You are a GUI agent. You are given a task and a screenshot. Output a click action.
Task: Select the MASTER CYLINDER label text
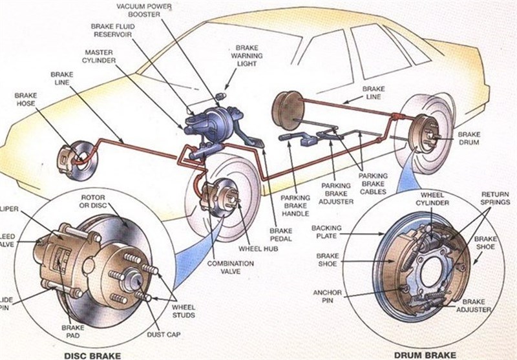click(99, 55)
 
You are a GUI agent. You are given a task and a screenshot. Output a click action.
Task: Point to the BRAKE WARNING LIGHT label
click(247, 56)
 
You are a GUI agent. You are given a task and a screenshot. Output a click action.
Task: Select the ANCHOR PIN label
click(327, 295)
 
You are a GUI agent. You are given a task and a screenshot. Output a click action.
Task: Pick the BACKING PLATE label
click(327, 231)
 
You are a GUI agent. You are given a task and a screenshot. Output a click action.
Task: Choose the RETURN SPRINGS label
click(496, 198)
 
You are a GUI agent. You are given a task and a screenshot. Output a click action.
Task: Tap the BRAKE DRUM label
click(469, 138)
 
